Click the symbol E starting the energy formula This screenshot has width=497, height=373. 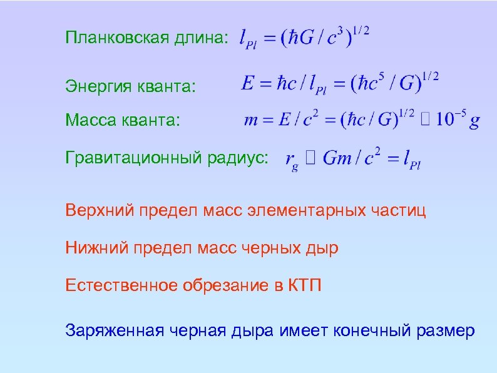tap(248, 84)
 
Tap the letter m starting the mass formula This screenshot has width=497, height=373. tap(251, 120)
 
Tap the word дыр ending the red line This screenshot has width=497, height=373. tap(324, 248)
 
